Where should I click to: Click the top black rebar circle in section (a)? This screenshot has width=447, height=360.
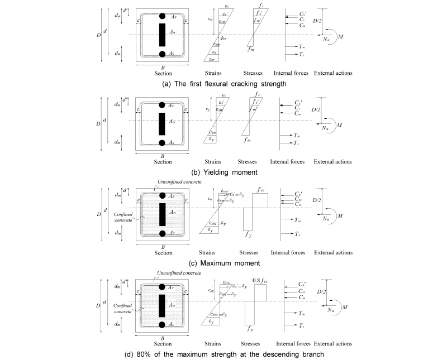pos(163,16)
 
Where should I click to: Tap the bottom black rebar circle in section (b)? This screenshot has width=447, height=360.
pos(163,142)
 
